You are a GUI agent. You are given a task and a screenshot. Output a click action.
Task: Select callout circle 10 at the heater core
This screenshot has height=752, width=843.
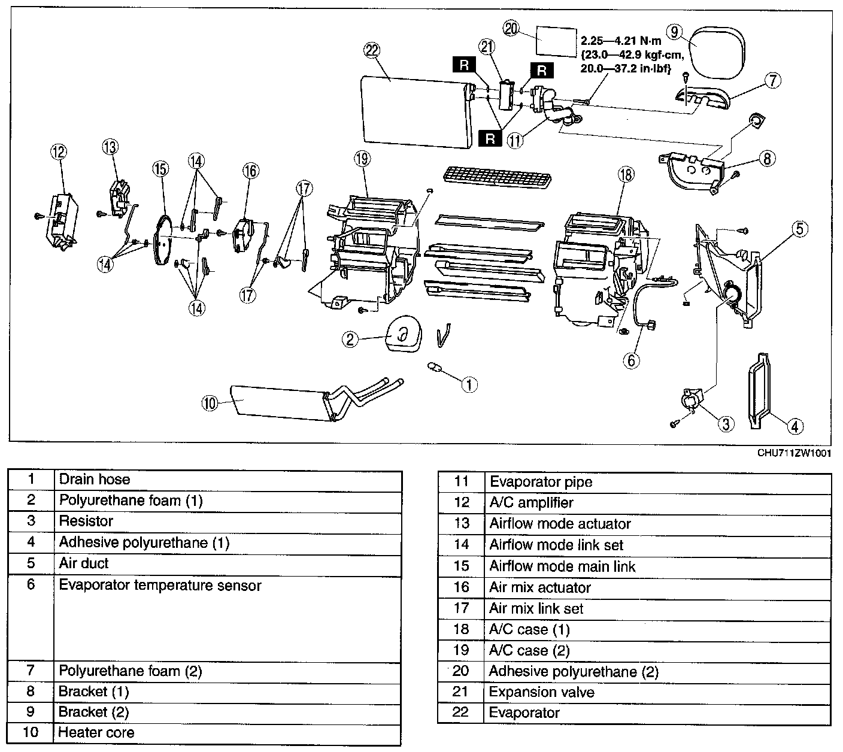pos(210,404)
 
